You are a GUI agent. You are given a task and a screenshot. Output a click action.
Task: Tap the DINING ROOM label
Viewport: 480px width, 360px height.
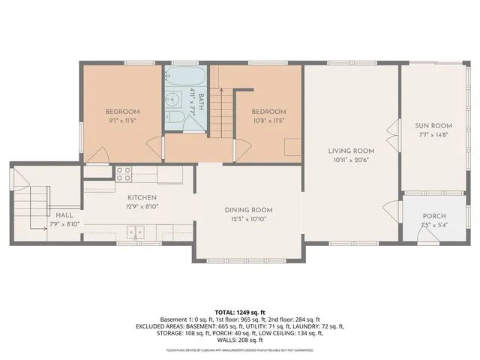pos(248,209)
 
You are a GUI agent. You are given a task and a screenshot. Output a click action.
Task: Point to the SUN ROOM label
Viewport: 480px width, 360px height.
pos(433,125)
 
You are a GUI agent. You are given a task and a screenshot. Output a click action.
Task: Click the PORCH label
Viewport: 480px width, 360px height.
pos(433,216)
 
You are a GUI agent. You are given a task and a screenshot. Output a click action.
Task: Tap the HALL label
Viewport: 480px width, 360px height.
pos(64,214)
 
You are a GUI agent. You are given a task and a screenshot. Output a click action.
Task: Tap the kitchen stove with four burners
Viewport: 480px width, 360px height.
pos(124,175)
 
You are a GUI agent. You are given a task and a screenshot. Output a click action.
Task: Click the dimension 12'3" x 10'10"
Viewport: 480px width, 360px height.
pos(248,218)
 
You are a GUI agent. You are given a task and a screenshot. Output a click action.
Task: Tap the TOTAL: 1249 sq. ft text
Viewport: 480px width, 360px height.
pos(240,311)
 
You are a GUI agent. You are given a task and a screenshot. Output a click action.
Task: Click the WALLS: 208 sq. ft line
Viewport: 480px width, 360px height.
pos(240,340)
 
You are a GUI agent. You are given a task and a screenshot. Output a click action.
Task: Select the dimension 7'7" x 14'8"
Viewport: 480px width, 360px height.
pos(433,134)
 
